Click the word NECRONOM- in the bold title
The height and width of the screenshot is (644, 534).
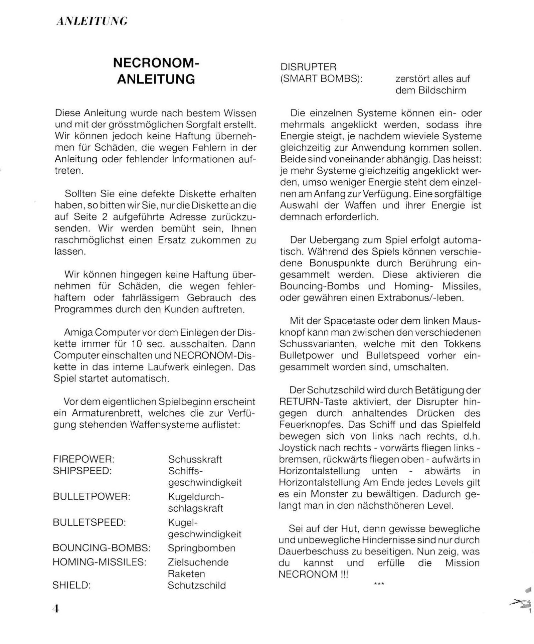click(156, 62)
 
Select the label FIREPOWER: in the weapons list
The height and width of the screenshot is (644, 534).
click(83, 459)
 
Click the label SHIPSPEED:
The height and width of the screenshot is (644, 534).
click(82, 471)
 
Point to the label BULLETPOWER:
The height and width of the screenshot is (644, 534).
click(91, 496)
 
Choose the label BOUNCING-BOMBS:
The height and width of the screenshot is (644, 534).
click(102, 548)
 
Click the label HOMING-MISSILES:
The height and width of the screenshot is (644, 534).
click(100, 562)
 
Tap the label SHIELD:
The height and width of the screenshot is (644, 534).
click(71, 585)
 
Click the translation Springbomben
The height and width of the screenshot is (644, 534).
click(201, 548)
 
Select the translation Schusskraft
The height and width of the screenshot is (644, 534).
click(195, 459)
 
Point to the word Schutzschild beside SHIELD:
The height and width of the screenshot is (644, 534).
click(197, 585)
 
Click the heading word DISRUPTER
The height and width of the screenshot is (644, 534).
click(308, 67)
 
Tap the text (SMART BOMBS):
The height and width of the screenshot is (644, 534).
click(321, 79)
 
